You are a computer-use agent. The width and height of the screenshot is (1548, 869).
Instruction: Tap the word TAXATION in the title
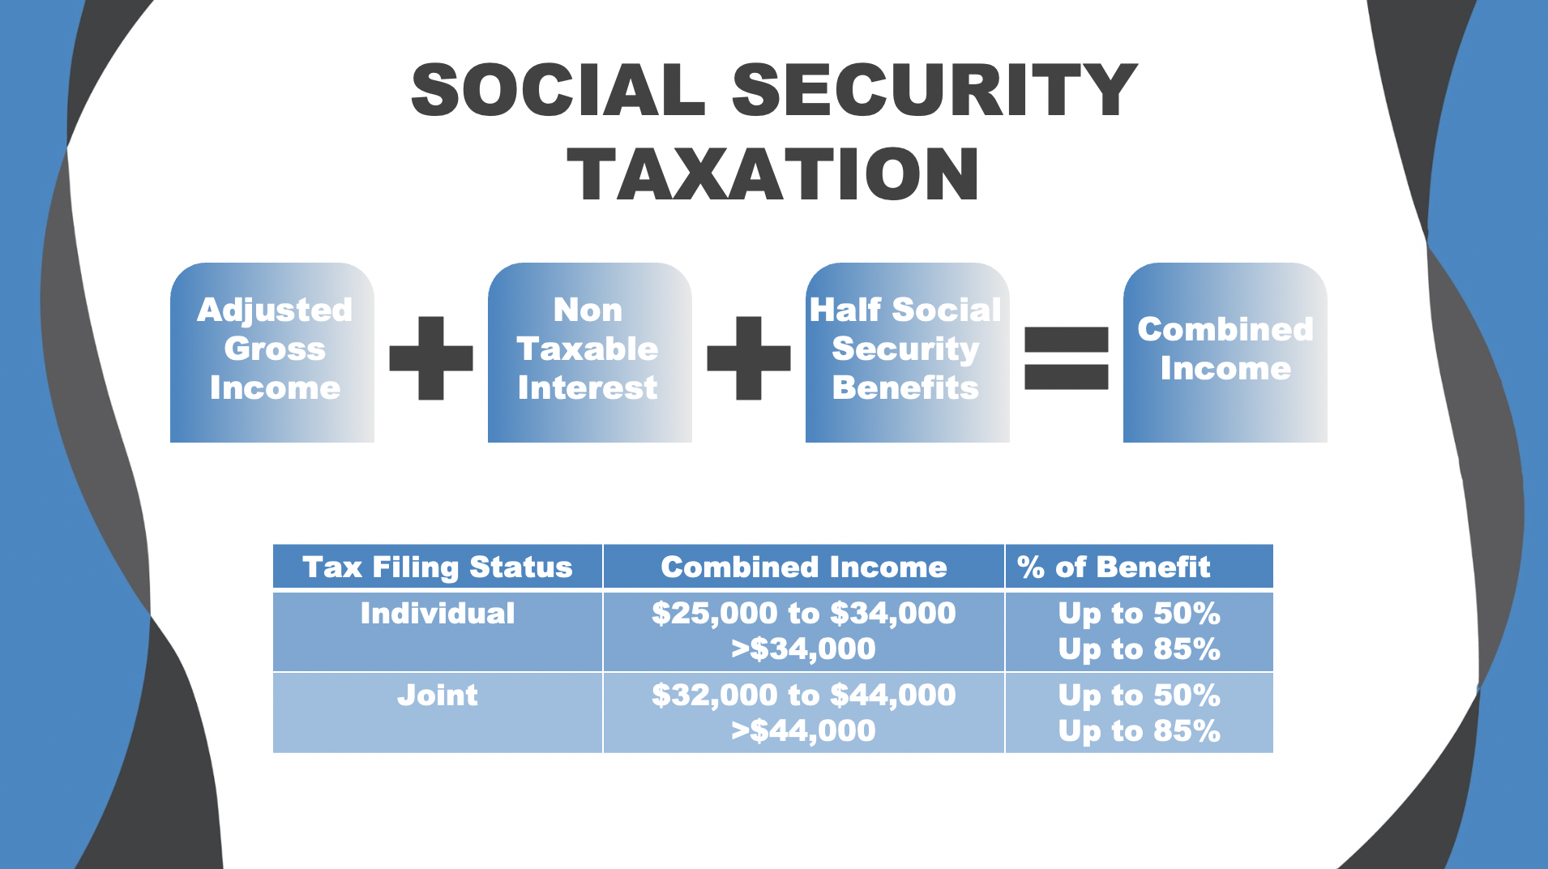tap(773, 174)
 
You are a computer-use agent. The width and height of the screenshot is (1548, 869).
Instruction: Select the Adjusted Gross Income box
tap(273, 351)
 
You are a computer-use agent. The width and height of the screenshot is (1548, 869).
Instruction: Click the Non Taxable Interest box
tap(589, 351)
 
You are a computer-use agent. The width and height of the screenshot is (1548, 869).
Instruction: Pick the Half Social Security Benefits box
tap(907, 351)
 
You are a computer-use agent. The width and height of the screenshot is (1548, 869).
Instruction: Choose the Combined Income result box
tap(1225, 351)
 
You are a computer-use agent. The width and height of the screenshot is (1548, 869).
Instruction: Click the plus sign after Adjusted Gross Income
tap(431, 357)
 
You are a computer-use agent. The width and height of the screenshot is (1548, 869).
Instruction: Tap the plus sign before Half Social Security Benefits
tap(749, 357)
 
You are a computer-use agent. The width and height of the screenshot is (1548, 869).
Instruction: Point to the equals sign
tap(1066, 357)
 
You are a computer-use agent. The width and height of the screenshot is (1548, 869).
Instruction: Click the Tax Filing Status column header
tap(438, 567)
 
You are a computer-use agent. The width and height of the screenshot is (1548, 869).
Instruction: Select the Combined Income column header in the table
tap(803, 567)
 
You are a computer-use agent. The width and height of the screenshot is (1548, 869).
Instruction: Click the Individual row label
tap(438, 614)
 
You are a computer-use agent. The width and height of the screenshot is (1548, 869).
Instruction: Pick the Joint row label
tap(438, 696)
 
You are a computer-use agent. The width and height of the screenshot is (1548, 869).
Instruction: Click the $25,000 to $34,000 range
tap(803, 614)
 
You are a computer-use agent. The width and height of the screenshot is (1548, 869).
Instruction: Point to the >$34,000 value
tap(803, 649)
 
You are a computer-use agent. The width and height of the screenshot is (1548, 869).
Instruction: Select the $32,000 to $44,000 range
tap(803, 696)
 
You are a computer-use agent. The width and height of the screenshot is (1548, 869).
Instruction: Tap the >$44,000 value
tap(803, 731)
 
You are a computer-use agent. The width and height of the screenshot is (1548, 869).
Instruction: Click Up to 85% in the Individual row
tap(1139, 649)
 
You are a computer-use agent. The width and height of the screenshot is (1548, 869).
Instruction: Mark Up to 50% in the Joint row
tap(1139, 696)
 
